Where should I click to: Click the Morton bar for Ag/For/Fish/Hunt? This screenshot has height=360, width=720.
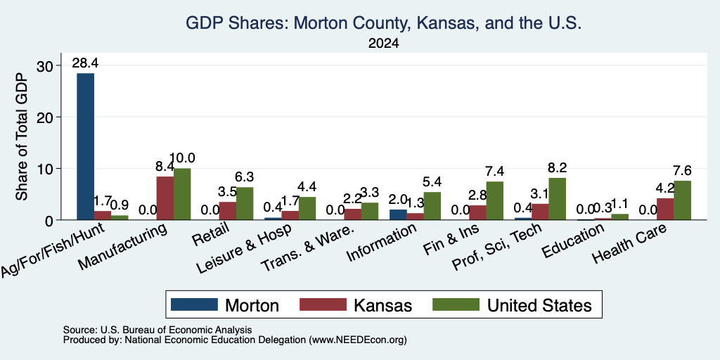coord(85,146)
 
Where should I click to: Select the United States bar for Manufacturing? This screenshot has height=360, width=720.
coord(182,194)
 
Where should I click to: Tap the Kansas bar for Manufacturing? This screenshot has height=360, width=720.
coord(165,198)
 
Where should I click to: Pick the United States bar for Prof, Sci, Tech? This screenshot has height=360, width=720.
coord(558,199)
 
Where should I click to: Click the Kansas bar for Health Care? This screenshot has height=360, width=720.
coord(665,209)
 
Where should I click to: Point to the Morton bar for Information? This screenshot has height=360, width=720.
coord(398,215)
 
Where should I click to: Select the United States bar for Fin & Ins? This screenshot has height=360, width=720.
coord(494,200)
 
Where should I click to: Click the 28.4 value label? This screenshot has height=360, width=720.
coord(85,63)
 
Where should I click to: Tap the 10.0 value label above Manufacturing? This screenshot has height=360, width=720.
coord(182,158)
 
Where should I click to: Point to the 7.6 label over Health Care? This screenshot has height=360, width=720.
coord(682,171)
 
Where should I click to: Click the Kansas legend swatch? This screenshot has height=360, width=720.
coord(323,304)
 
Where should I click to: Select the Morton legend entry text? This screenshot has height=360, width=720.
coord(252,305)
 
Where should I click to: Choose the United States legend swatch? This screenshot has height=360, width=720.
coord(456,304)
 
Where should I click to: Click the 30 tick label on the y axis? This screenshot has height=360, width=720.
coord(46,65)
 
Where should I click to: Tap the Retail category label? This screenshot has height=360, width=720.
coord(210,234)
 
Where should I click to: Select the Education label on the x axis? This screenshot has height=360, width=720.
coord(572,242)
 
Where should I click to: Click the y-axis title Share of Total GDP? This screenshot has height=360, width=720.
coord(22,136)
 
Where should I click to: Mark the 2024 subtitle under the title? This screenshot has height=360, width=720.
coord(383,44)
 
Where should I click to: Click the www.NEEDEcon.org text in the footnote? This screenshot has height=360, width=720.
coord(358,340)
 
